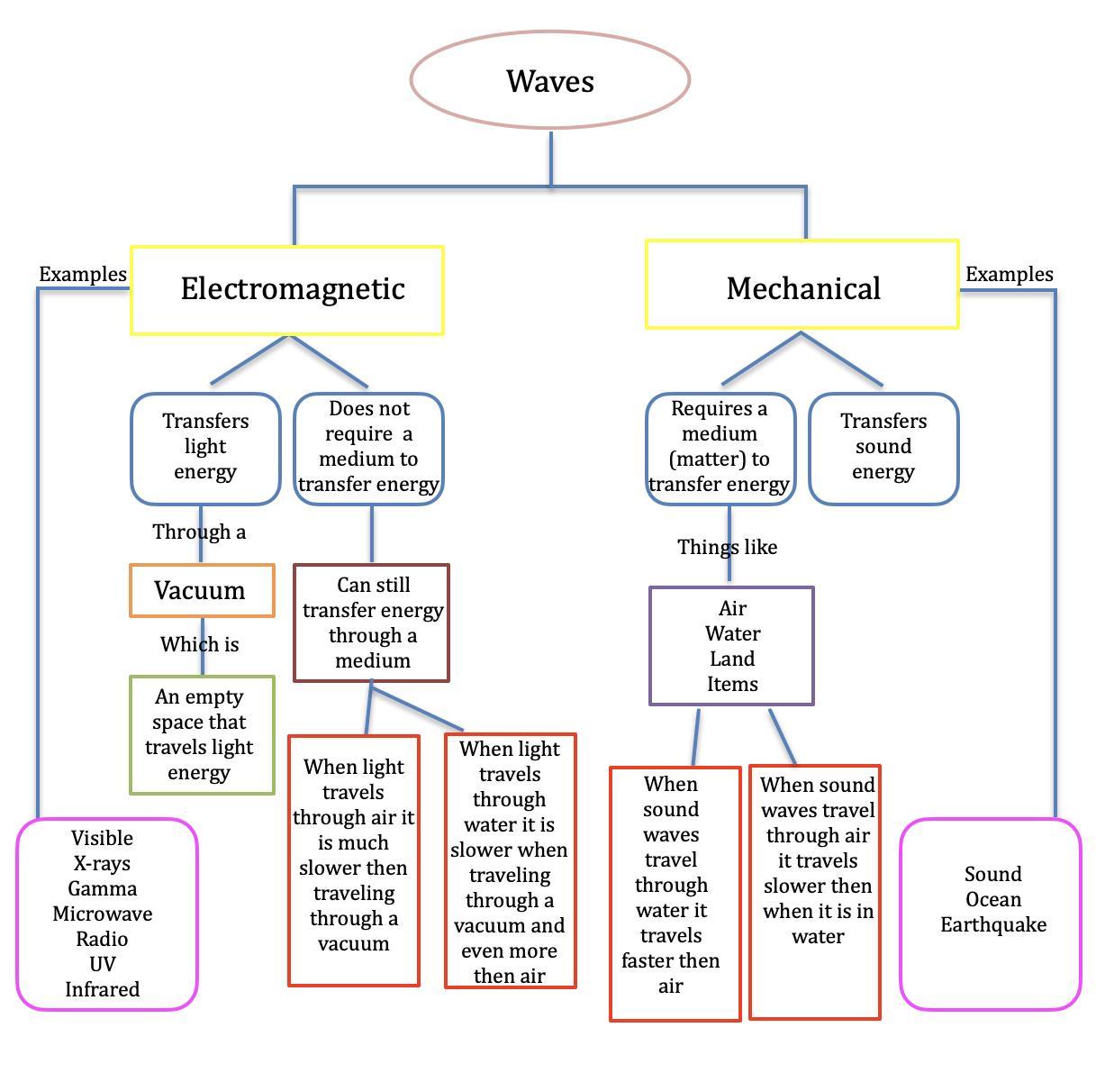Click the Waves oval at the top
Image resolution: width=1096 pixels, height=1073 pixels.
pyautogui.click(x=550, y=80)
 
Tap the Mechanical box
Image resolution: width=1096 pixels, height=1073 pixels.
pyautogui.click(x=802, y=286)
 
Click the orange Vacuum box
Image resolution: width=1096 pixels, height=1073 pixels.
pyautogui.click(x=202, y=591)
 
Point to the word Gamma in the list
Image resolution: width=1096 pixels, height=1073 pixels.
pyautogui.click(x=103, y=889)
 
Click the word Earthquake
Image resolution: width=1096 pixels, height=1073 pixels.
pyautogui.click(x=993, y=925)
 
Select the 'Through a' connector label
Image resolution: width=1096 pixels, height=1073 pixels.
pyautogui.click(x=199, y=532)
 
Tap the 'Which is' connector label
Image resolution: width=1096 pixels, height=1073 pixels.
pyautogui.click(x=200, y=645)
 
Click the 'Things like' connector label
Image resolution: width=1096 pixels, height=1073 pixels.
pyautogui.click(x=727, y=548)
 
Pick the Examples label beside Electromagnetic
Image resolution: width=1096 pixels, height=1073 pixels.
pyautogui.click(x=83, y=275)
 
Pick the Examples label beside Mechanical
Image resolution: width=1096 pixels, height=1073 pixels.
pyautogui.click(x=1009, y=275)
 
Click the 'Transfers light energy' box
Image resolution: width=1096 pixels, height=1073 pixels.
pyautogui.click(x=205, y=448)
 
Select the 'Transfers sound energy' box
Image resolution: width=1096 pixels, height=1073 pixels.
pyautogui.click(x=883, y=448)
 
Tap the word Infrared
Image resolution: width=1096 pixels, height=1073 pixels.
pyautogui.click(x=103, y=990)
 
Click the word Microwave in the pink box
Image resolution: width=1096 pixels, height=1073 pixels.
pyautogui.click(x=103, y=914)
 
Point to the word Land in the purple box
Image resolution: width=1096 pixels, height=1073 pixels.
pyautogui.click(x=732, y=659)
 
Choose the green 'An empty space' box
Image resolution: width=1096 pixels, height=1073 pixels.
pyautogui.click(x=202, y=735)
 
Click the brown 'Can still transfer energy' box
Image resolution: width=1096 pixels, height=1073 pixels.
pyautogui.click(x=371, y=623)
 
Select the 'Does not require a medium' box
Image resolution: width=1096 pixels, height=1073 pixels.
pyautogui.click(x=369, y=448)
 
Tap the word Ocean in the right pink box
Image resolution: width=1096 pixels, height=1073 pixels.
pyautogui.click(x=993, y=900)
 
